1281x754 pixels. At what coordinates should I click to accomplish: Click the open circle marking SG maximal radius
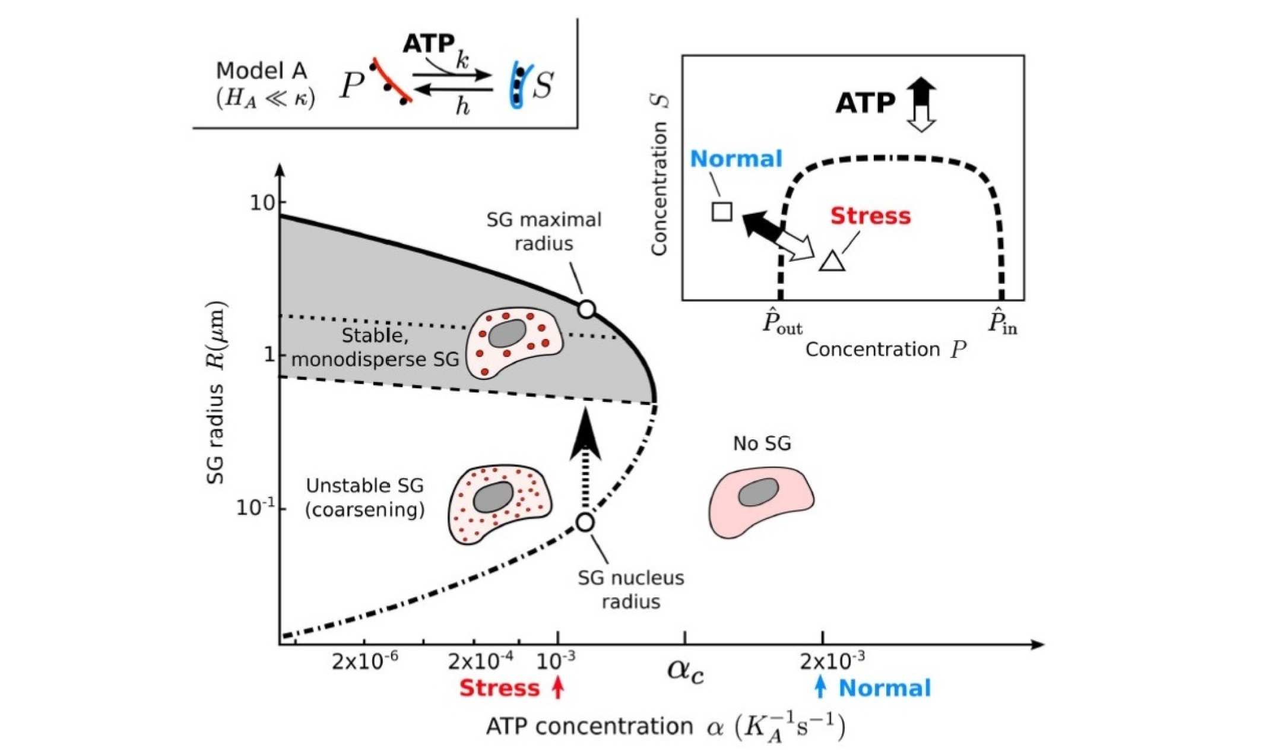(x=586, y=309)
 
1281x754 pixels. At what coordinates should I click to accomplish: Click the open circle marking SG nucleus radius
(x=585, y=522)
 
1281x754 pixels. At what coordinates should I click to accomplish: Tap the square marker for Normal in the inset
(x=722, y=211)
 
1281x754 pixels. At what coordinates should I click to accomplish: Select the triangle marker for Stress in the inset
(x=832, y=262)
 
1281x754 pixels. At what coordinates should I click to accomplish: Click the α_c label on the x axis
(x=686, y=670)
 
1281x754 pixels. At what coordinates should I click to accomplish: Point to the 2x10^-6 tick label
(x=364, y=661)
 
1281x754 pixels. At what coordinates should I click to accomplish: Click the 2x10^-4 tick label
(x=481, y=661)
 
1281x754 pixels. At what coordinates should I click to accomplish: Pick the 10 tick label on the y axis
(x=262, y=203)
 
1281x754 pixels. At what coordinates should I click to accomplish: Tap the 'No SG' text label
(x=762, y=443)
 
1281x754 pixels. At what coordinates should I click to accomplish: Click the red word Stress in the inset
(x=870, y=216)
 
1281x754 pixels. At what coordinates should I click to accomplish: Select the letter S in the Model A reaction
(x=543, y=85)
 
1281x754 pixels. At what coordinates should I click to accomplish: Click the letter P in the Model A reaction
(x=351, y=86)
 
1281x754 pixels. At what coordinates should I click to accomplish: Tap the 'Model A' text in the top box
(x=261, y=71)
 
